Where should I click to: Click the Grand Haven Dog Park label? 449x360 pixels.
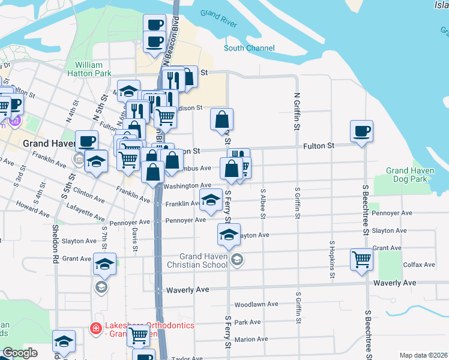410,175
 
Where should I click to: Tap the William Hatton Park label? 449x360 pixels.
94,69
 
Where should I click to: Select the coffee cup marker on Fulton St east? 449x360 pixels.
361,131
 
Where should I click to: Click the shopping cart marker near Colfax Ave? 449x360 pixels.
362,259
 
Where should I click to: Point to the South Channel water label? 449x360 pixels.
249,48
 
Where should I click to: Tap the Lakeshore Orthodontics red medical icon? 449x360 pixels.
95,328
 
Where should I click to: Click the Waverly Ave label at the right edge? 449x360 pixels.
394,283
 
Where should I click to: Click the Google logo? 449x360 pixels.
20,353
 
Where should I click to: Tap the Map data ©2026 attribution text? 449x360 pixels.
424,355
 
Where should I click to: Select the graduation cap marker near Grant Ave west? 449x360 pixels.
104,264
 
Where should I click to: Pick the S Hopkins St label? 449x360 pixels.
331,260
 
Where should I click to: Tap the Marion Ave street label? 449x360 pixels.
251,339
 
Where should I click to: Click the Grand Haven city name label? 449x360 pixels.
47,144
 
